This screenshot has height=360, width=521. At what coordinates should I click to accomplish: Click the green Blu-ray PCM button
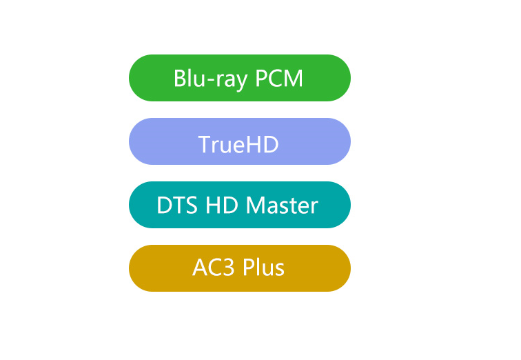tap(240, 78)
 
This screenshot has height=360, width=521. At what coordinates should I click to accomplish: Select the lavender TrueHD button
tap(240, 141)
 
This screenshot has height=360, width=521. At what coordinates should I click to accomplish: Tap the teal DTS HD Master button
tap(240, 205)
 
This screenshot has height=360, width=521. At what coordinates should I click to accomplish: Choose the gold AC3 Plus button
tap(240, 268)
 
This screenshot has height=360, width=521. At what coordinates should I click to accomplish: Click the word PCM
tap(279, 79)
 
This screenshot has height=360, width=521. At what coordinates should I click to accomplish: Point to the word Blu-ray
tap(211, 80)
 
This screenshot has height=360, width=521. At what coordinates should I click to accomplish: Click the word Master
tap(282, 205)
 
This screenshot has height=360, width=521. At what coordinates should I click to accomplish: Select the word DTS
tap(176, 205)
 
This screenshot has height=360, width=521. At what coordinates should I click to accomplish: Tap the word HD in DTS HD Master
tap(222, 205)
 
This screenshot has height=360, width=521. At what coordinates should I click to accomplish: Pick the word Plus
tap(263, 268)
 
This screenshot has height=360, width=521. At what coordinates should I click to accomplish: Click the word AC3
tap(214, 268)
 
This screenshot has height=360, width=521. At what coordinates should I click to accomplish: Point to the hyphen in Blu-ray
tap(211, 81)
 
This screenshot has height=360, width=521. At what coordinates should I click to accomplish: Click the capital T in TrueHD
tap(205, 144)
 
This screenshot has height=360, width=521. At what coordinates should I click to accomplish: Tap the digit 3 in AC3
tap(229, 268)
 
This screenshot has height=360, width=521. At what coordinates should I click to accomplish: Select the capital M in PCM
tap(294, 79)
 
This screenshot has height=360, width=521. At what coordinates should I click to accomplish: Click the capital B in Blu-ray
tap(180, 79)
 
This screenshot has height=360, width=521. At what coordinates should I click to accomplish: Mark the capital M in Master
tap(255, 205)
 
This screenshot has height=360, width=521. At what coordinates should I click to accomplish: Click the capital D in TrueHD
tap(271, 144)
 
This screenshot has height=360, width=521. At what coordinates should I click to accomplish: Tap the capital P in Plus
tap(248, 268)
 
